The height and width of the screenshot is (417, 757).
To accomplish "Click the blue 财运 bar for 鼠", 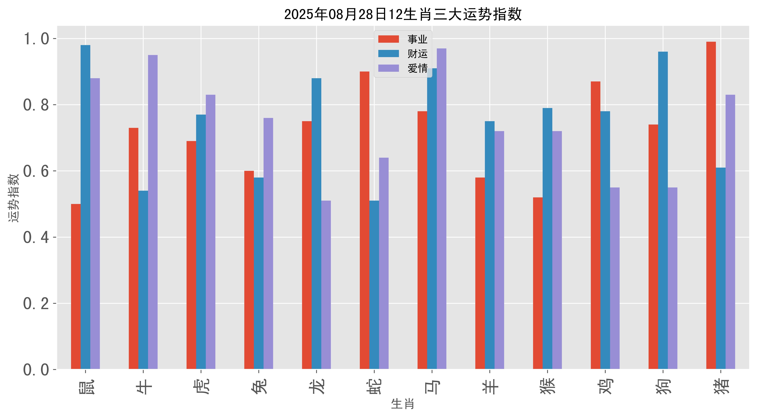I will click(86, 207).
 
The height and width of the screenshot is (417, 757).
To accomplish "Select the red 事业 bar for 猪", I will click(711, 206).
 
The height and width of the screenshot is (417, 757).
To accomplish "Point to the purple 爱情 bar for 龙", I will click(326, 285).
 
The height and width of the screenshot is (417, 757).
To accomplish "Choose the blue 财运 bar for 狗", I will click(663, 210).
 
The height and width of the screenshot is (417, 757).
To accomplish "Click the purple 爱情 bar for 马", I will click(441, 209).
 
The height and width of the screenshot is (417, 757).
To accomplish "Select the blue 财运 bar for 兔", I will click(259, 273).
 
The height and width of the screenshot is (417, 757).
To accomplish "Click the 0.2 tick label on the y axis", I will click(36, 304).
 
